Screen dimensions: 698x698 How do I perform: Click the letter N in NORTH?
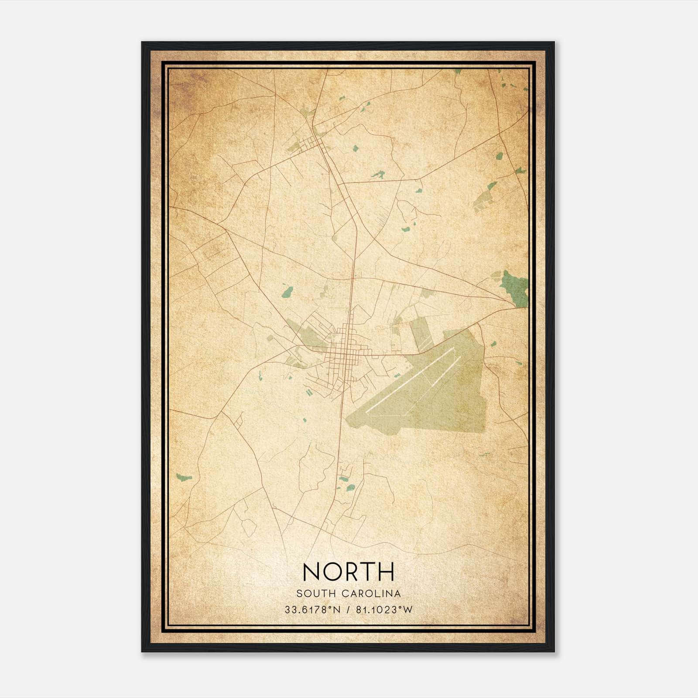pos(312,571)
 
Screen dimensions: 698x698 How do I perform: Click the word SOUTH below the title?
pos(316,594)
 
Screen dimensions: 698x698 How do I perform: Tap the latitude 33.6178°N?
pos(312,610)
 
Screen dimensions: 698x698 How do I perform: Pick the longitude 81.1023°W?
pos(384,610)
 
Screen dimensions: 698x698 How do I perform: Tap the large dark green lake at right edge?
pos(515,288)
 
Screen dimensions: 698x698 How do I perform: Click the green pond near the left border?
pos(184,477)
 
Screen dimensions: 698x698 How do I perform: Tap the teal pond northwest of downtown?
pos(287,291)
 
